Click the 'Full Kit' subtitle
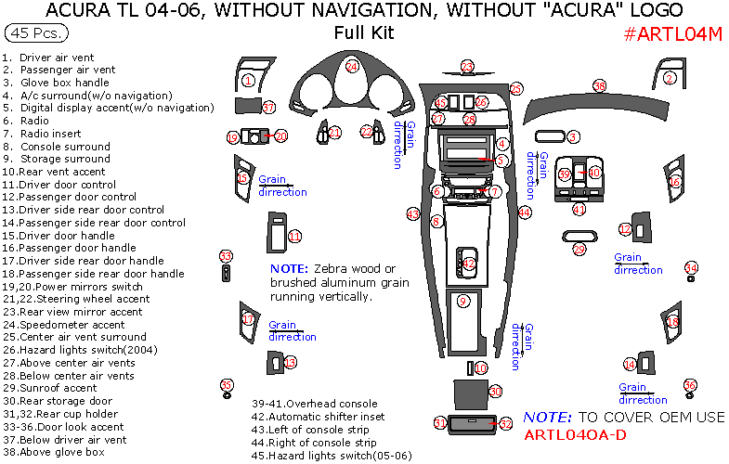click(364, 33)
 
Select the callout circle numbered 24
click(352, 67)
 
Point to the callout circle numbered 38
click(600, 86)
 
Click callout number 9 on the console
click(463, 300)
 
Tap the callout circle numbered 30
click(495, 392)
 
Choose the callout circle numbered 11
click(294, 237)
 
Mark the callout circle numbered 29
click(580, 249)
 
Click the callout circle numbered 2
click(670, 79)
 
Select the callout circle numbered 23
click(467, 66)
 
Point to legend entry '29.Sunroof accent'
click(57, 388)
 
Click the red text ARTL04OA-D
click(575, 434)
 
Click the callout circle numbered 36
click(690, 385)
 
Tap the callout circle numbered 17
click(248, 319)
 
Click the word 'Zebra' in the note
click(333, 268)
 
